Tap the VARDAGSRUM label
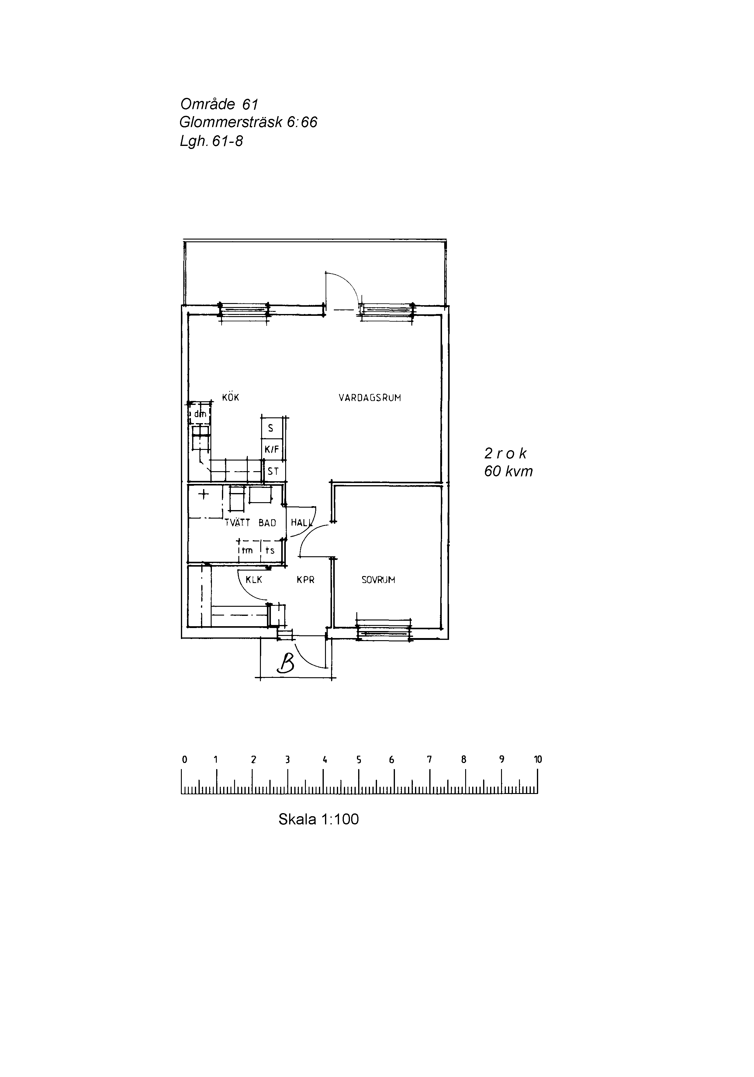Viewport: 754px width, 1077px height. point(370,398)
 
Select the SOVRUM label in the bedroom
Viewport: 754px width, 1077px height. point(378,580)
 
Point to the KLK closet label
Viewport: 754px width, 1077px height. point(254,580)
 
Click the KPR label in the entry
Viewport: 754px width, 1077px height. point(306,580)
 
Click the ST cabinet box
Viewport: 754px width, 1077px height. point(273,471)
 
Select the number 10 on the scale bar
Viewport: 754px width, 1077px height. point(538,759)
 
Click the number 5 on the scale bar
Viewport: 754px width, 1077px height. point(358,759)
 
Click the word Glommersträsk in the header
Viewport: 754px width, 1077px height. point(231,123)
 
